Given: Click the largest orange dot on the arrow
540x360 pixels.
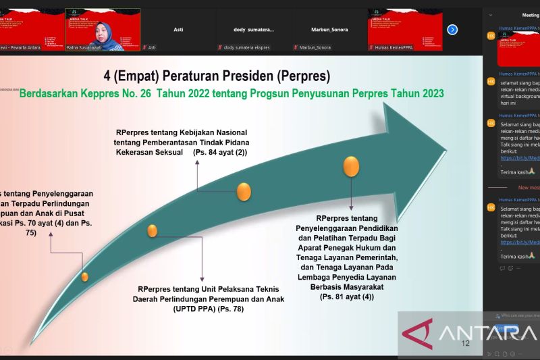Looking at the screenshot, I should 351,166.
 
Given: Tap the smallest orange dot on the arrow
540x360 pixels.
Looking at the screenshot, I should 84,276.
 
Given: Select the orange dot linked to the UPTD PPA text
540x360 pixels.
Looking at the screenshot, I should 153,231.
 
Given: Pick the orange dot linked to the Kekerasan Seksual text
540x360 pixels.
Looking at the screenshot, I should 244,192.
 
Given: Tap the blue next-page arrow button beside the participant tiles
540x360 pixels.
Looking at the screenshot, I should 452,30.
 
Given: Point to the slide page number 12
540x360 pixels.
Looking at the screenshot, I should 465,344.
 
